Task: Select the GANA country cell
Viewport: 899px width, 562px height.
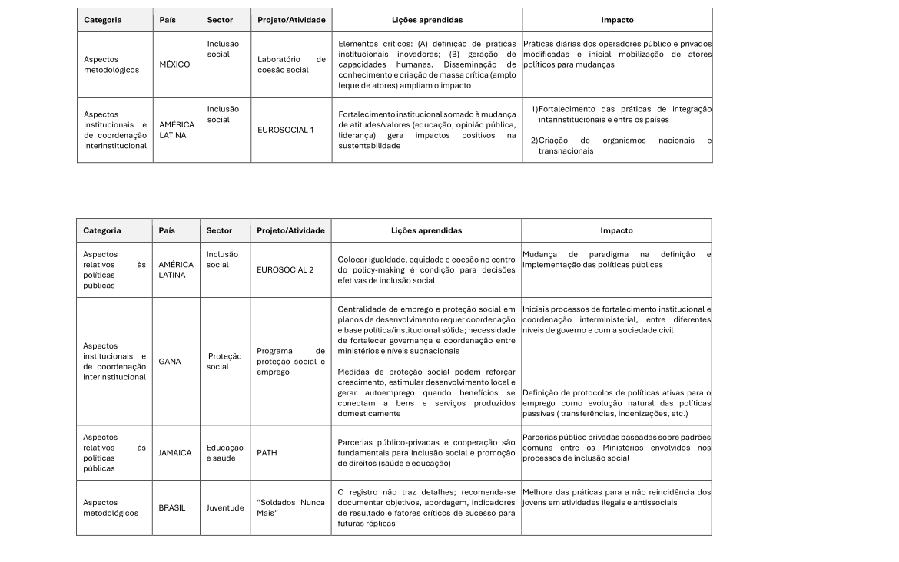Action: pos(170,362)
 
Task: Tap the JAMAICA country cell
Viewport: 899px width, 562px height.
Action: pos(175,453)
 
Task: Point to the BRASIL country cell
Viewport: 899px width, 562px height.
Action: pos(172,507)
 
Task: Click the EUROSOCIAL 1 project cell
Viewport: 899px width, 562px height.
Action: pos(285,130)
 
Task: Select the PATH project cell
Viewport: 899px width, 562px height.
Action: pos(267,453)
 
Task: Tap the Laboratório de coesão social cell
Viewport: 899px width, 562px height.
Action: pos(291,64)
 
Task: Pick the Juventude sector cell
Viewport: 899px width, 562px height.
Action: pos(224,507)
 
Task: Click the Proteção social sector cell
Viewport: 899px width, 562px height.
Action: pos(224,362)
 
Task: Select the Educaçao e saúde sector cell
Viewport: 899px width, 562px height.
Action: pos(224,453)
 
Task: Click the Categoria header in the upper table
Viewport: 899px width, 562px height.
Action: pos(102,19)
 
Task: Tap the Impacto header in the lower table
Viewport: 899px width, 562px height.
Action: pos(616,230)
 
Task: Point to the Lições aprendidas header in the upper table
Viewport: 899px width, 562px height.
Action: pos(426,19)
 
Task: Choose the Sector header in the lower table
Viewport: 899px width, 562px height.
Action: pos(220,230)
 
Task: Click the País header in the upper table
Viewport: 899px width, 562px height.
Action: pos(168,19)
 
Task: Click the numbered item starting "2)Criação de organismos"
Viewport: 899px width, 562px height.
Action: pos(621,146)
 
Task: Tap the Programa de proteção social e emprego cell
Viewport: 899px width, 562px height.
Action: pos(291,362)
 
